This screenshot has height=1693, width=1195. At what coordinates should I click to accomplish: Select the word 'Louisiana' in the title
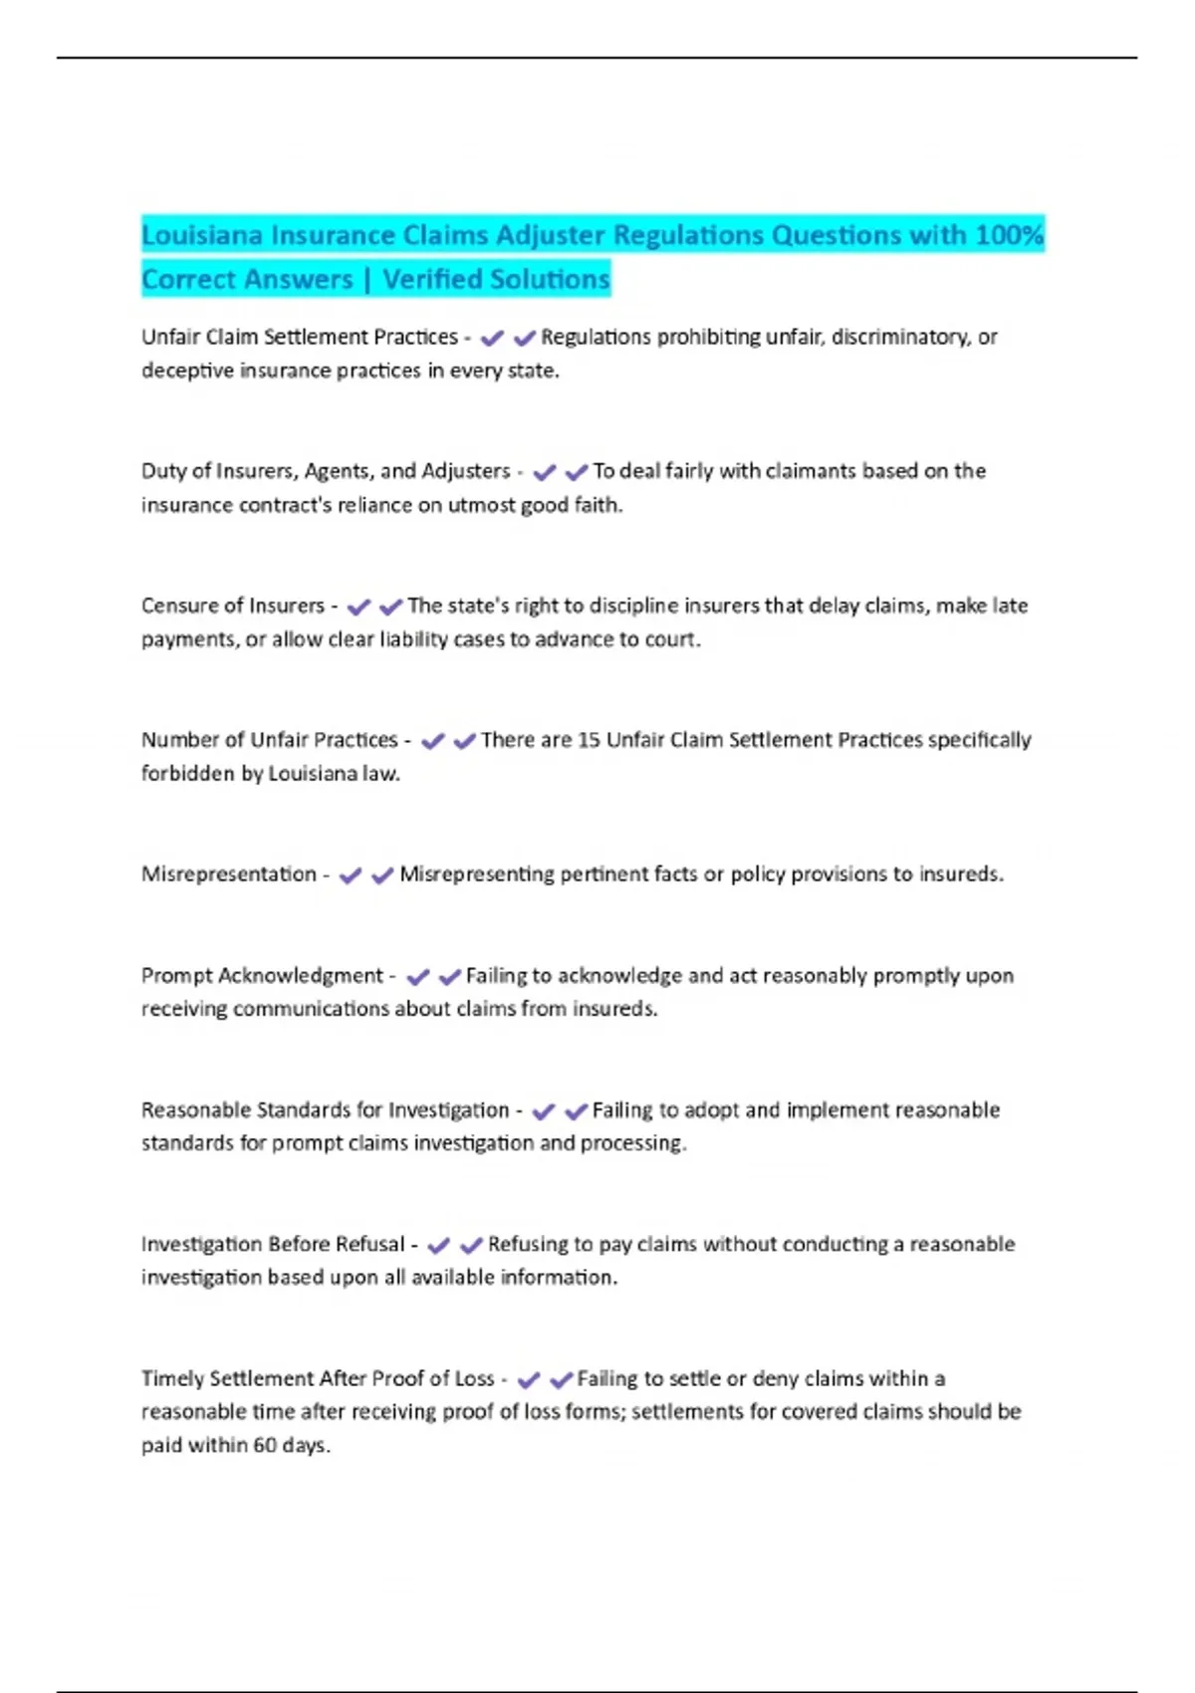click(x=202, y=235)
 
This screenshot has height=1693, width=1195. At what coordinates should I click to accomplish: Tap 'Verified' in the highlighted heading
click(x=439, y=279)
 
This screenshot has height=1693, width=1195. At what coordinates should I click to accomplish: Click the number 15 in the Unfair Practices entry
click(x=589, y=740)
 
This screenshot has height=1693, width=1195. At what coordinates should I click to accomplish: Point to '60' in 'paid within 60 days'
click(x=264, y=1445)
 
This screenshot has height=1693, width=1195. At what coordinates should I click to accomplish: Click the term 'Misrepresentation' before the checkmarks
click(x=228, y=874)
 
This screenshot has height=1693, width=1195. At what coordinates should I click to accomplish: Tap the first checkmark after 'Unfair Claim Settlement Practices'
click(x=492, y=339)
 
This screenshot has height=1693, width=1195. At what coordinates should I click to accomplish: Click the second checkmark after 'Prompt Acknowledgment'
click(x=450, y=977)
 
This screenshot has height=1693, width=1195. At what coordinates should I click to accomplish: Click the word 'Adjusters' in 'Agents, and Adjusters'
click(x=466, y=471)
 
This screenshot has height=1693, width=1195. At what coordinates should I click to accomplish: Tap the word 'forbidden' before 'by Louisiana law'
click(x=187, y=774)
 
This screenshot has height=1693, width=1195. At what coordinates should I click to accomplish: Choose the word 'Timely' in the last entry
click(x=171, y=1378)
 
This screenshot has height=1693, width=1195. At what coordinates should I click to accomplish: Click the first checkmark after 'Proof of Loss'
click(x=529, y=1379)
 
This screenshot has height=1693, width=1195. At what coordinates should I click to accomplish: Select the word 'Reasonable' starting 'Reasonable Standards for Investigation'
click(x=195, y=1109)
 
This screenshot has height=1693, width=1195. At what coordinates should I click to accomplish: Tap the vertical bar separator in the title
click(x=367, y=279)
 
